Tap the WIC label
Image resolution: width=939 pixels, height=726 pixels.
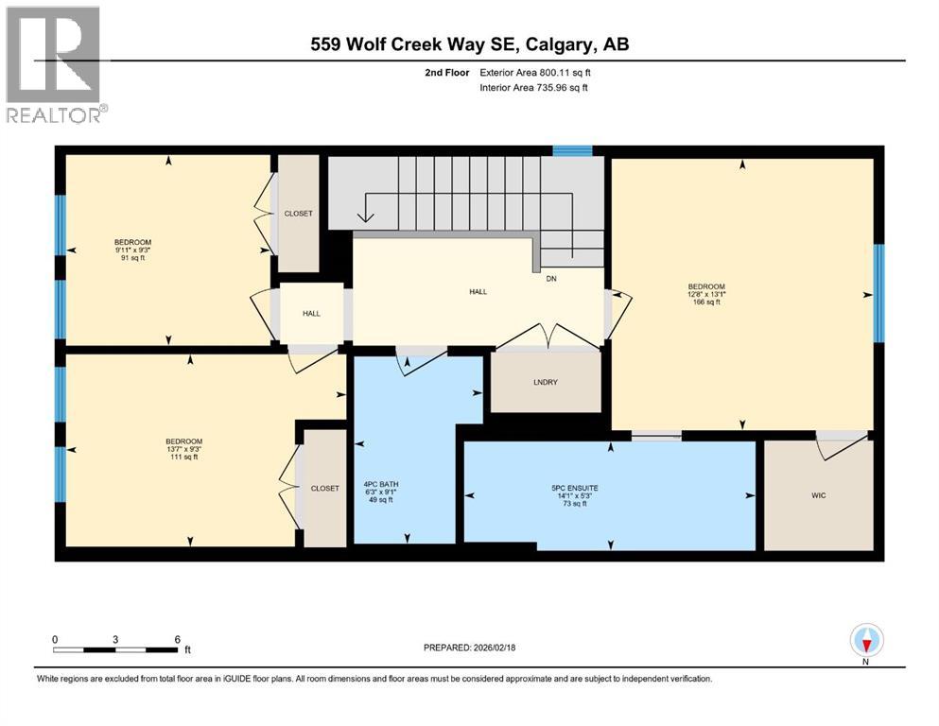819,495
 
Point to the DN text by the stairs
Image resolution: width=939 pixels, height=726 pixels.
550,279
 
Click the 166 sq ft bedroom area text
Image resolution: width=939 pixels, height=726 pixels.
706,302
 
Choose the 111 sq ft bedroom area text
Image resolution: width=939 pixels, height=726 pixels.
183,457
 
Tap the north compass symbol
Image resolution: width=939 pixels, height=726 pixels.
866,640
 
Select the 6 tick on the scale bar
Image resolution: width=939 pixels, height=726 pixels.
178,640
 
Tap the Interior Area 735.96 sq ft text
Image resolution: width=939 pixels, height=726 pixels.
547,88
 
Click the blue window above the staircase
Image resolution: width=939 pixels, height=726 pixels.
572,149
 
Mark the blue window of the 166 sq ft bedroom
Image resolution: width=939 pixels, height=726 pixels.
878,293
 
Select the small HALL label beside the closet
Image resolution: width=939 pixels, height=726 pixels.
311,314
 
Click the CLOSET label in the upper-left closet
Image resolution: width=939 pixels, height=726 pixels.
298,214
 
